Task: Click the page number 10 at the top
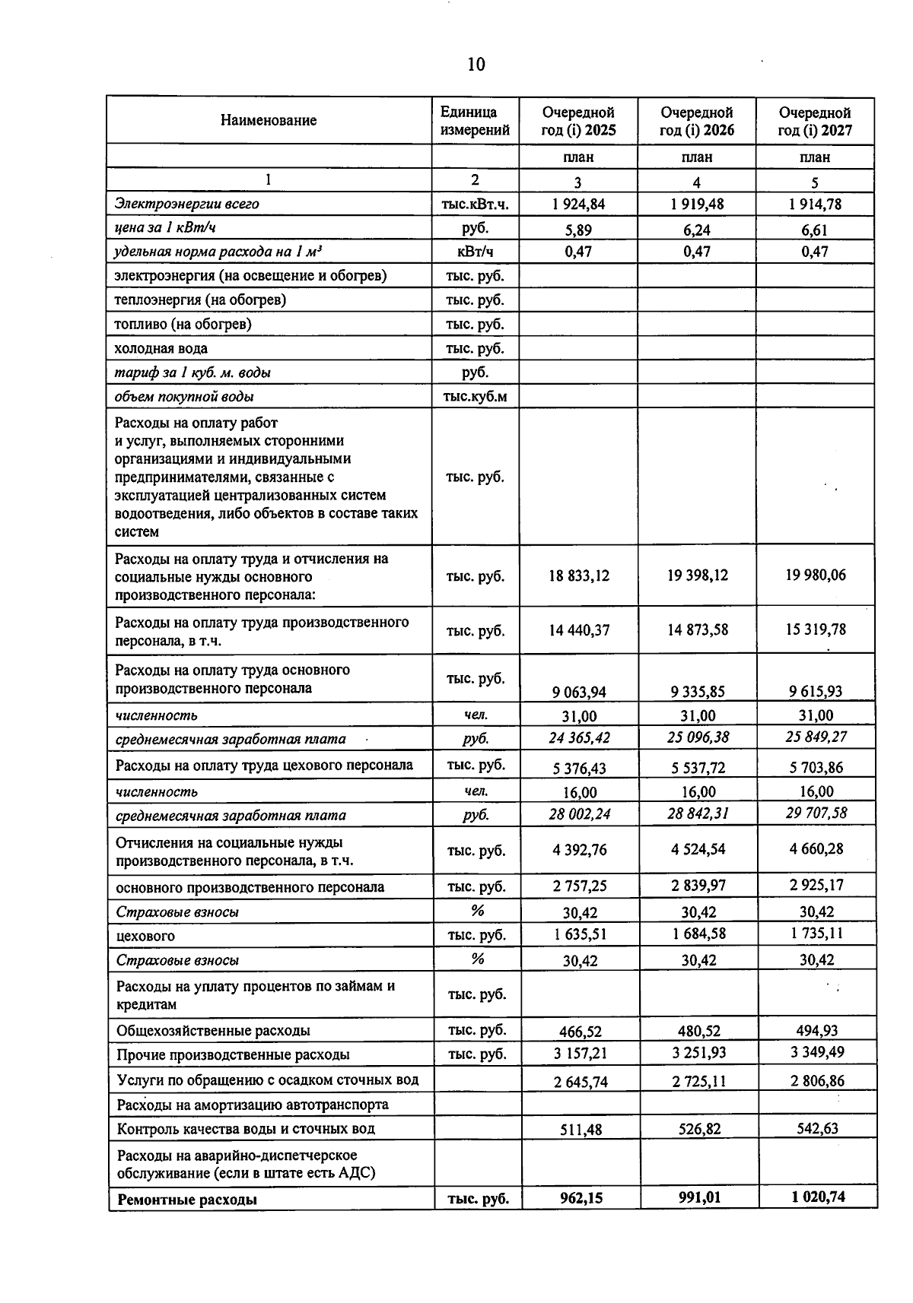point(476,65)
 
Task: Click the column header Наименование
point(269,120)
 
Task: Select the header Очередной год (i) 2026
point(696,121)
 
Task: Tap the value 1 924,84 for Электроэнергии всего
point(578,204)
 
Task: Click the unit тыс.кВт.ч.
point(475,204)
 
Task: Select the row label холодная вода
point(161,348)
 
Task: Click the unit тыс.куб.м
point(475,396)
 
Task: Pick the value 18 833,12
point(578,575)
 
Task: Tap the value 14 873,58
point(697,629)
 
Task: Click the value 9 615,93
point(816,691)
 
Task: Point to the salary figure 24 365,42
point(579,737)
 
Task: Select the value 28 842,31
point(698,813)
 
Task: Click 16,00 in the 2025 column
point(579,792)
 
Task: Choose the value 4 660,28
point(816,848)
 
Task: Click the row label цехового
point(145,936)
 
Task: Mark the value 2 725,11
point(698,1081)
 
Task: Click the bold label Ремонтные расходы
point(187,1200)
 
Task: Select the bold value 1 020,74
point(817,1197)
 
